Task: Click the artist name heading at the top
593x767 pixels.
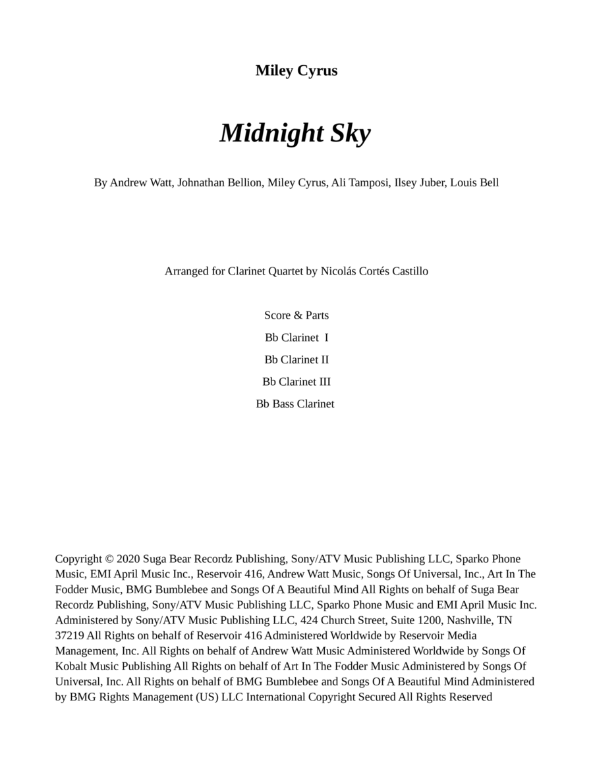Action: coord(296,70)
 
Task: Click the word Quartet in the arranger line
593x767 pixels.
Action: coord(285,271)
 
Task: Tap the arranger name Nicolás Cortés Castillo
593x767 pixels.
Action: coord(374,271)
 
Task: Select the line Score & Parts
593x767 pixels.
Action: coord(296,315)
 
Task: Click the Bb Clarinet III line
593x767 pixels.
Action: coord(296,382)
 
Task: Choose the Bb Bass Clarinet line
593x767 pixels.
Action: coord(295,404)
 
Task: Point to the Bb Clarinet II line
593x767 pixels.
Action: coord(296,359)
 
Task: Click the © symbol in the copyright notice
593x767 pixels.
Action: coord(109,559)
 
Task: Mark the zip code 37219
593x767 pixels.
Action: coord(70,635)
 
